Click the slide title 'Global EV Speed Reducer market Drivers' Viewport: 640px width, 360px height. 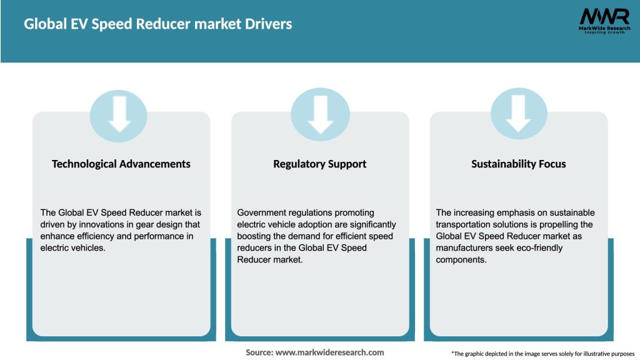click(157, 24)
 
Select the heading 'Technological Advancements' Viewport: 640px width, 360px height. click(121, 164)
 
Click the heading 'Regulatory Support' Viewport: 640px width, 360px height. click(320, 164)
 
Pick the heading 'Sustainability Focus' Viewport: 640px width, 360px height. click(519, 164)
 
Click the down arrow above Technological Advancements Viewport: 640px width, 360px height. click(119, 114)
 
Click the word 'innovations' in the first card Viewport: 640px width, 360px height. click(96, 224)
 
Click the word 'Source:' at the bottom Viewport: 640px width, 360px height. click(259, 352)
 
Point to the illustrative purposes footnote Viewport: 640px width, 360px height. click(542, 354)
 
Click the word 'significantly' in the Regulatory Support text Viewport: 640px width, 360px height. click(371, 224)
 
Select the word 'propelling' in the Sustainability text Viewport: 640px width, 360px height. click(572, 224)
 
